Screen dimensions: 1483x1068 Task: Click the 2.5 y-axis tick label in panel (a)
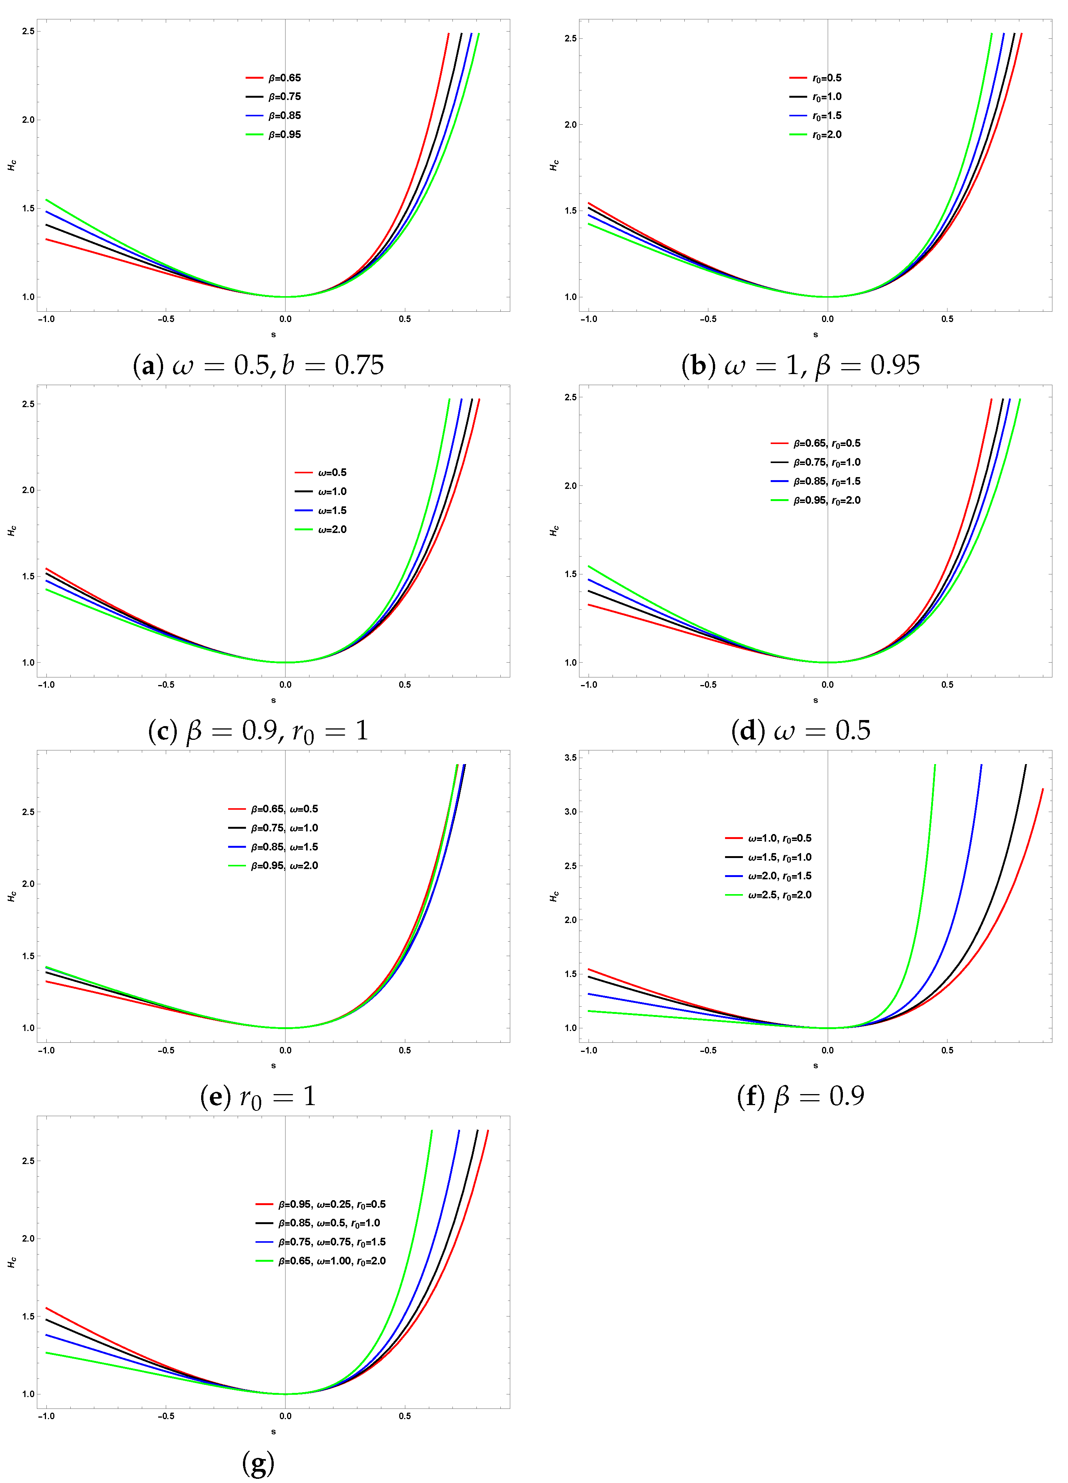[28, 32]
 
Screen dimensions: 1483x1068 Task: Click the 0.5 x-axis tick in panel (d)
[947, 685]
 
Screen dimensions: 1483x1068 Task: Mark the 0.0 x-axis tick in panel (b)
[827, 319]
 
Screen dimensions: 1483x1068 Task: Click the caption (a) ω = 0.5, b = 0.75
[258, 365]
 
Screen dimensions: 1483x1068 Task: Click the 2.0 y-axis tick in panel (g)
[28, 1239]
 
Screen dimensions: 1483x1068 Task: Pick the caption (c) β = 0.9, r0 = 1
[258, 730]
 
